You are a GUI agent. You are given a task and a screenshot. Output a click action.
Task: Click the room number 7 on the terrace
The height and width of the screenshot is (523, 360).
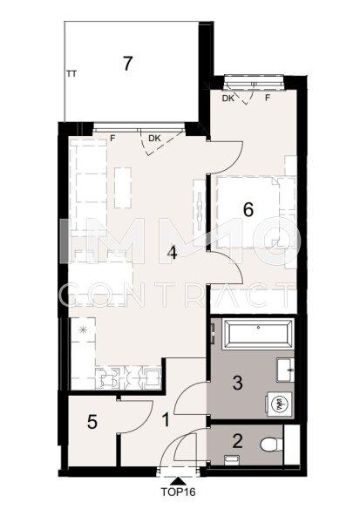[x=127, y=64]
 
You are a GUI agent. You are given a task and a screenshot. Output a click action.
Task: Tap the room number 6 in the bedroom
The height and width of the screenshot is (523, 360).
[x=248, y=210]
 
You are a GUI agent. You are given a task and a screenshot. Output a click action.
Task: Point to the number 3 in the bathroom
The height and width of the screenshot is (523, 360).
[x=237, y=383]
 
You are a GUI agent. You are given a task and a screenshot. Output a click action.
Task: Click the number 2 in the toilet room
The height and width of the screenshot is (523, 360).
[x=237, y=441]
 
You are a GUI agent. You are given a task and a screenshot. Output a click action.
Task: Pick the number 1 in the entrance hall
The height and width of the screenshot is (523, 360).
[x=166, y=419]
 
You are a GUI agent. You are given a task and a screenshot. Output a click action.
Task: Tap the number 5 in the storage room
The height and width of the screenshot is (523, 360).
[x=92, y=422]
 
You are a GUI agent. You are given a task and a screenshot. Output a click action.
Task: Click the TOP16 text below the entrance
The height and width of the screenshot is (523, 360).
[x=179, y=492]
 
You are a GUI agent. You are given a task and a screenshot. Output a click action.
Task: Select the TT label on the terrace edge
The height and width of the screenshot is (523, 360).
[x=71, y=74]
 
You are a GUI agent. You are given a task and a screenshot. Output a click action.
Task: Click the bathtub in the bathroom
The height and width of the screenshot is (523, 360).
[x=258, y=334]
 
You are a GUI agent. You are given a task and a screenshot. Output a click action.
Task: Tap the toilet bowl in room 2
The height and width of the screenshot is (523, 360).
[x=272, y=445]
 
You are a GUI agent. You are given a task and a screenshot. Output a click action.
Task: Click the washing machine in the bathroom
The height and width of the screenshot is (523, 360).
[x=280, y=404]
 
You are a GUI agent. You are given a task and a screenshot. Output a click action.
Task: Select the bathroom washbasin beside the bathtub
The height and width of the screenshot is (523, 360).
[x=285, y=370]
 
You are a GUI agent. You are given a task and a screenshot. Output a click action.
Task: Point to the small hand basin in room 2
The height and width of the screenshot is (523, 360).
[x=231, y=460]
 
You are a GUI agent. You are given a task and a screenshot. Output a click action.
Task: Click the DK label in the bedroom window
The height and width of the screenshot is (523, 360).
[x=228, y=98]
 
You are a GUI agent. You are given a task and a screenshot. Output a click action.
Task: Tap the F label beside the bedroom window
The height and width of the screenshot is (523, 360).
[x=268, y=98]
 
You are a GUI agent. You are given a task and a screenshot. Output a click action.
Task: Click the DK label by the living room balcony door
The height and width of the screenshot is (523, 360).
[x=154, y=139]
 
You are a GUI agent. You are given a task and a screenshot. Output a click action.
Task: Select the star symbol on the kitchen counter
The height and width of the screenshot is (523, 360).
[x=83, y=329]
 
